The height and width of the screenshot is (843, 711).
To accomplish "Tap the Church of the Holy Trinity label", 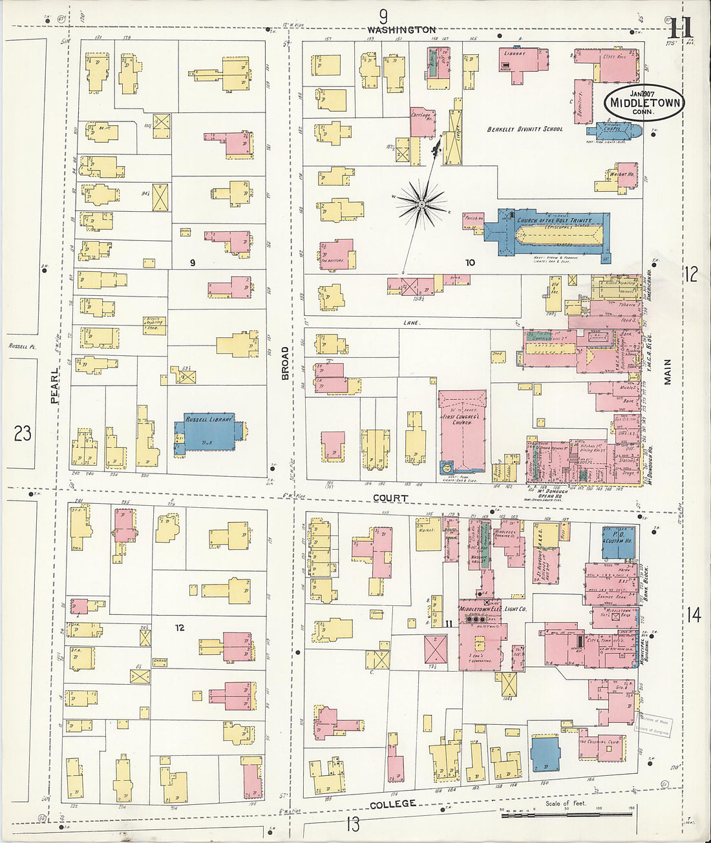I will click(x=554, y=221).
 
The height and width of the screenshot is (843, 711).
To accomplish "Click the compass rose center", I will click(x=421, y=204).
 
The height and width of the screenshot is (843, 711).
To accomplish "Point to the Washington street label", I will click(x=401, y=30).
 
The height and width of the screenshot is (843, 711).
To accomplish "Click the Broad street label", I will click(x=285, y=363).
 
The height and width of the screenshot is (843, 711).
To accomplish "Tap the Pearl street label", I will click(x=55, y=386).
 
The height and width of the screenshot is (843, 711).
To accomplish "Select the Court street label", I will click(x=390, y=498).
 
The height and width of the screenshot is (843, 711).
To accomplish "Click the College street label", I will click(x=392, y=804).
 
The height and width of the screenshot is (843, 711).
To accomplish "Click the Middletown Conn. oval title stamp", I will click(x=644, y=103).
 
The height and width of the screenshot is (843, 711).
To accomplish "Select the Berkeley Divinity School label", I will click(x=525, y=129).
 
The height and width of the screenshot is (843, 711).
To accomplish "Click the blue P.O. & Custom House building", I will click(x=617, y=541).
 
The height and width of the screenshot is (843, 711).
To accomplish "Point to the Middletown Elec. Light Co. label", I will click(x=493, y=609).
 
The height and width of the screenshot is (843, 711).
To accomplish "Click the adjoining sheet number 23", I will click(x=23, y=433).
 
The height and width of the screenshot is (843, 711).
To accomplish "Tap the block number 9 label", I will click(x=192, y=262).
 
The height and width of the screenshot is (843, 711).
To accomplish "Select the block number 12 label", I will click(x=180, y=627).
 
